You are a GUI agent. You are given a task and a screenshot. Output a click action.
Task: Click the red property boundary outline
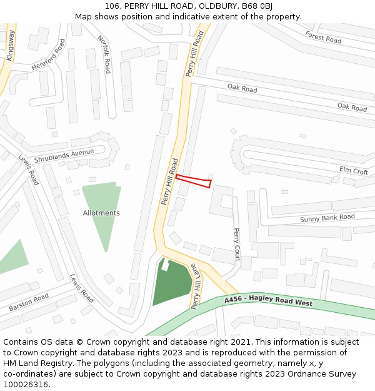[193, 181]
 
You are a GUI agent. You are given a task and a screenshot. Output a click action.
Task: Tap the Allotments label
[101, 213]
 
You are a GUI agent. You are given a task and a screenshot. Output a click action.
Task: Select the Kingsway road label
[10, 46]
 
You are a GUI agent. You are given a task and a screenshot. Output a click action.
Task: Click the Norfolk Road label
[104, 54]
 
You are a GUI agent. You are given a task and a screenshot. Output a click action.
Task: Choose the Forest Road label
[323, 37]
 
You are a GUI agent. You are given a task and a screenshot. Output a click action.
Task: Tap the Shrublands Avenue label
[64, 156]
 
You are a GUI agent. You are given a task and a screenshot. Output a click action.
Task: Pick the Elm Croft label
[353, 170]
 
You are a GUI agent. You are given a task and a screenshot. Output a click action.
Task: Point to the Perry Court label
[236, 244]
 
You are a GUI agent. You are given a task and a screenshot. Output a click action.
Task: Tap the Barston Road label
[28, 303]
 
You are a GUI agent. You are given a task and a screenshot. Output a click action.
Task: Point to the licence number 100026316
[26, 385]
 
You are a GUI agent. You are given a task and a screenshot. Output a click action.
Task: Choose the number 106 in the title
[112, 6]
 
